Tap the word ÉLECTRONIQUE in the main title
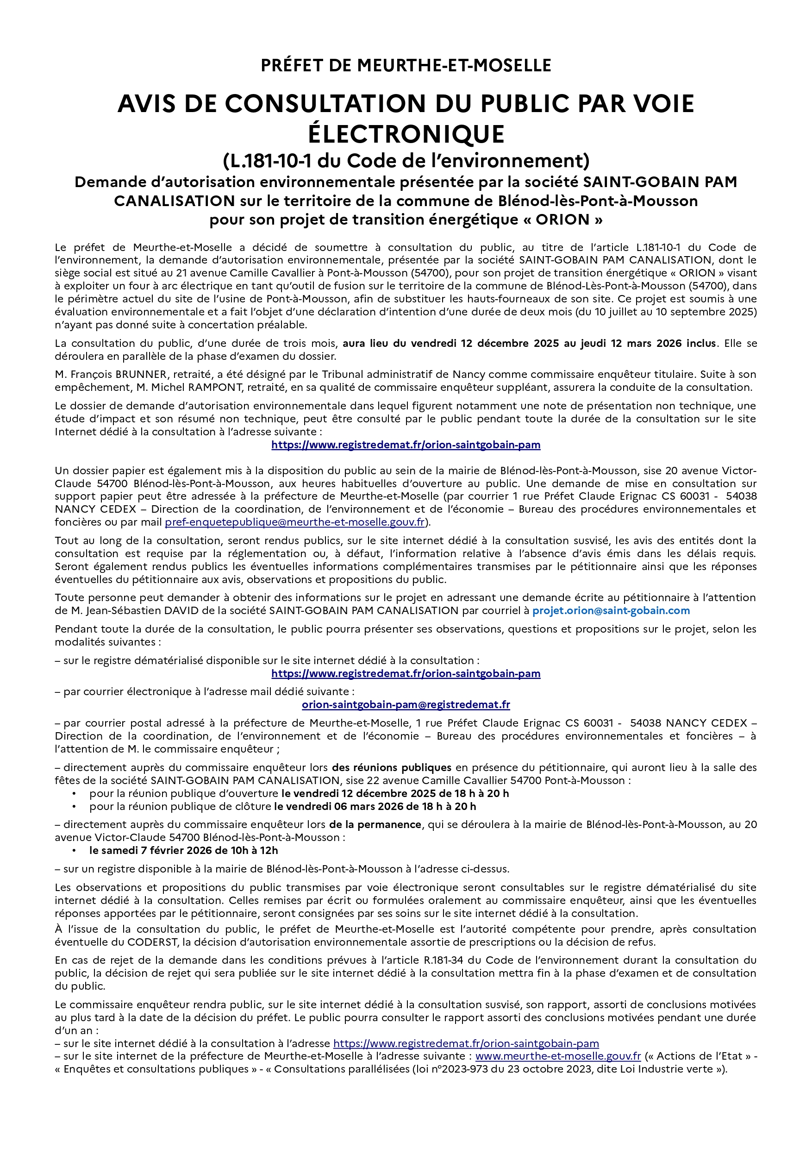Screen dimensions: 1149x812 (x=406, y=134)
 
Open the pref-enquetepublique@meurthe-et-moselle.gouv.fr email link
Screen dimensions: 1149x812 (x=295, y=522)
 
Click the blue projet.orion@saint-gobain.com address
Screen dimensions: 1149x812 (x=611, y=610)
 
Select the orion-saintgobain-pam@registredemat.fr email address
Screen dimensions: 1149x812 (x=406, y=704)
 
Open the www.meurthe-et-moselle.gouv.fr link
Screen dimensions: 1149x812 (x=558, y=1056)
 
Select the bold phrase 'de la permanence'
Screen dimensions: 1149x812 (x=375, y=824)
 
